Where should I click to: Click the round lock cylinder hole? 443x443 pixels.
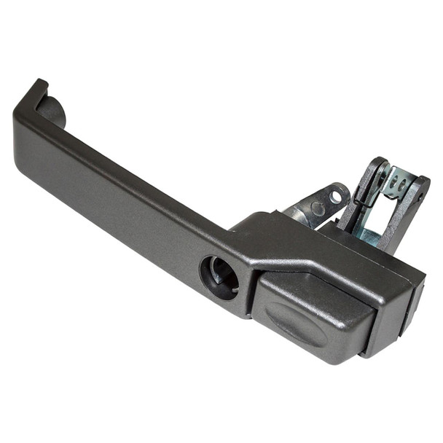(219, 277)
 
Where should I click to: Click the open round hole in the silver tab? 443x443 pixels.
(337, 196)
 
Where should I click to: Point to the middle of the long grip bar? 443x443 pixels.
(124, 182)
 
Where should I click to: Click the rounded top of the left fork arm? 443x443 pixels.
(379, 163)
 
